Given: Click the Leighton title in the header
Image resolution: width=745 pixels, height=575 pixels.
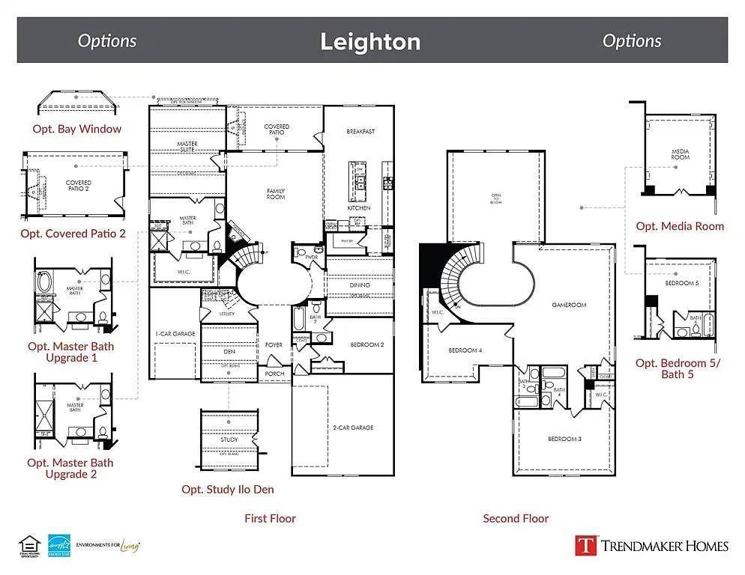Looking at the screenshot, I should (x=370, y=41).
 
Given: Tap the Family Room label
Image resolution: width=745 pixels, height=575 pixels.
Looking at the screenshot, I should (x=276, y=194).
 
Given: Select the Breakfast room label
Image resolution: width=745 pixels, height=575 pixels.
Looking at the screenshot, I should (x=361, y=132).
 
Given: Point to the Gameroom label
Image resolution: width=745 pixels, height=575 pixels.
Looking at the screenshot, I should (x=569, y=305).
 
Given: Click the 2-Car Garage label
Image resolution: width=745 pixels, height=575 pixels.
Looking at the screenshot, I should (x=352, y=428).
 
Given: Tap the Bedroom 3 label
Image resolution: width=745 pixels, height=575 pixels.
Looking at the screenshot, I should (x=564, y=438).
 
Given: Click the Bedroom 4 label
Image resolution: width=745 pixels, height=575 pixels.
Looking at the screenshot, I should (x=465, y=350).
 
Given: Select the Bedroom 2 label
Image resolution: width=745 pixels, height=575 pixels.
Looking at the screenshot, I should (x=367, y=344).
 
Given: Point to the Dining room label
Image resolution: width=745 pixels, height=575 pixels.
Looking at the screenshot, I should (x=360, y=285).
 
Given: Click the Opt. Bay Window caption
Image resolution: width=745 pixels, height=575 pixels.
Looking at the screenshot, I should (x=76, y=129).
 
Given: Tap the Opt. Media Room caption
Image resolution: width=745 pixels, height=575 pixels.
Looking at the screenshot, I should (x=680, y=226).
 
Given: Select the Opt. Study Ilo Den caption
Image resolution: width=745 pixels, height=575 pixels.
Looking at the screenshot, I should (x=228, y=490).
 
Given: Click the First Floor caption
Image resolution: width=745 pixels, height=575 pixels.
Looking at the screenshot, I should (x=270, y=518).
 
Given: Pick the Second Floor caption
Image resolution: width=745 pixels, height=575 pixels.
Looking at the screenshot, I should (x=516, y=518).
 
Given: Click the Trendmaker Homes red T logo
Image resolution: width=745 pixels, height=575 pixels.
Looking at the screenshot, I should (x=585, y=545).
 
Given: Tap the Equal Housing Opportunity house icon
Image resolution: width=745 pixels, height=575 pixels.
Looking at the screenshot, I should (x=28, y=544).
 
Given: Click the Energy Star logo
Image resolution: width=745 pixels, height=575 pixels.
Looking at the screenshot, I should (x=58, y=545).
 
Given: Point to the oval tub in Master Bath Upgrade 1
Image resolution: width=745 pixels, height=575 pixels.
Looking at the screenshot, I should (x=46, y=283).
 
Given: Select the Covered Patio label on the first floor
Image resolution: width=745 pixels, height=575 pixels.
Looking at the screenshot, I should (x=277, y=130).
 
